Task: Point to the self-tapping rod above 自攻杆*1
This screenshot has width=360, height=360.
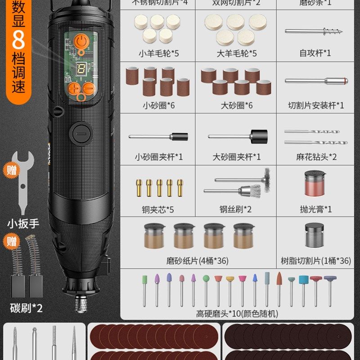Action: pos(314,31)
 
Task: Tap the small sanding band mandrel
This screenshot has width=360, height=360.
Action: pos(158,136)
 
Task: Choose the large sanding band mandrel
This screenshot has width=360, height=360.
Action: pos(238,136)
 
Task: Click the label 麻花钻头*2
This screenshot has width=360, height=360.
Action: pos(316,157)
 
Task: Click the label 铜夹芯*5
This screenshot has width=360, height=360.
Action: pos(158,209)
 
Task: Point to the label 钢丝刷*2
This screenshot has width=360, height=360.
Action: pos(236,209)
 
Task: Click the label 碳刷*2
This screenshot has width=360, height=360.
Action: pos(26,309)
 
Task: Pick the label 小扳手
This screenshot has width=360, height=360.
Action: pos(22,223)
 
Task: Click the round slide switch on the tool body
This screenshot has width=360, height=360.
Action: pos(81,134)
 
